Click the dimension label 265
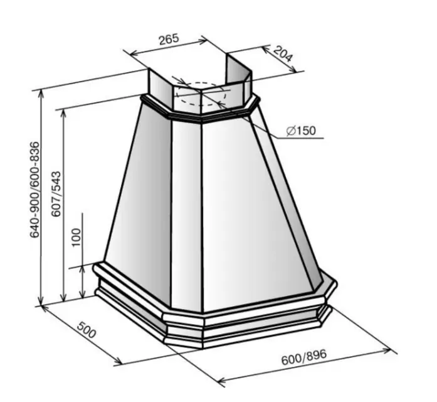[168, 39]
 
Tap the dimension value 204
[283, 54]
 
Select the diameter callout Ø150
[302, 131]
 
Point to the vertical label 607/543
[56, 193]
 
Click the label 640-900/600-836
[35, 190]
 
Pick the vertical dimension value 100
[76, 237]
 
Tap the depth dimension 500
[87, 330]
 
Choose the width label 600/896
[304, 357]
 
